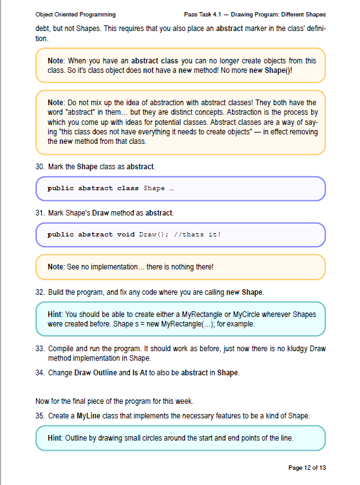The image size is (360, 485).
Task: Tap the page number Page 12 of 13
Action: point(307,468)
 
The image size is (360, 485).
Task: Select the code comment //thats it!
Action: point(200,234)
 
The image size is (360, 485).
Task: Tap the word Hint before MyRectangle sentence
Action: point(55,314)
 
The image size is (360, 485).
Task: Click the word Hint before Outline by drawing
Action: point(55,438)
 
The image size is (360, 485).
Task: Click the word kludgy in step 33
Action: point(299,349)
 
